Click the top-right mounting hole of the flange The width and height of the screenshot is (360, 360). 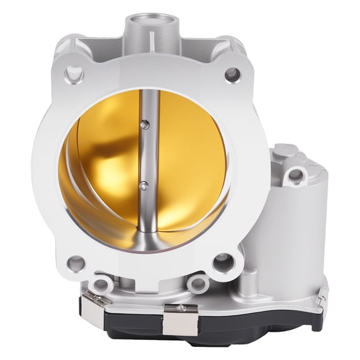click(232, 74)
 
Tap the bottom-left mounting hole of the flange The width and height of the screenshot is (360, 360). click(76, 263)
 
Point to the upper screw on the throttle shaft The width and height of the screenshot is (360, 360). click(145, 126)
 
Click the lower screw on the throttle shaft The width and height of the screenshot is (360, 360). click(144, 185)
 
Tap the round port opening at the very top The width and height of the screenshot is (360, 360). click(154, 24)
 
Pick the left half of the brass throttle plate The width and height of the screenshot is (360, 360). click(103, 169)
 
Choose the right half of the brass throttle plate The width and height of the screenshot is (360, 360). click(187, 162)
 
